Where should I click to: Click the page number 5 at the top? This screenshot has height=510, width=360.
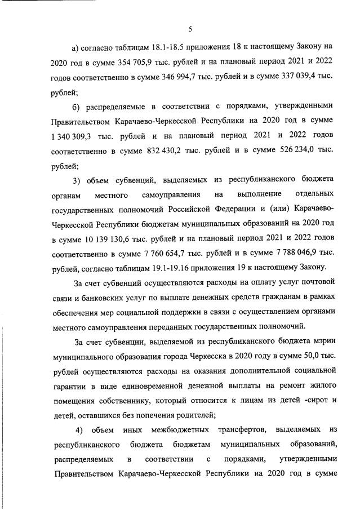click(190, 29)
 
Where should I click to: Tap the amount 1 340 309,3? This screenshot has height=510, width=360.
click(79, 136)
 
